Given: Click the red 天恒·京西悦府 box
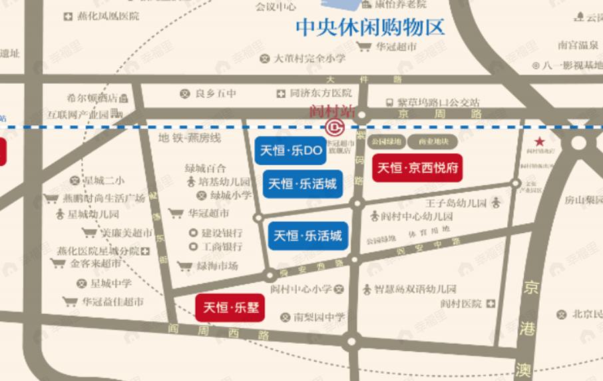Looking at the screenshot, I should pyautogui.click(x=417, y=167).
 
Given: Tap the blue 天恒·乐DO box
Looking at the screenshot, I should pyautogui.click(x=290, y=151).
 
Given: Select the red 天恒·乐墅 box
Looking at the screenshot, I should pyautogui.click(x=230, y=308).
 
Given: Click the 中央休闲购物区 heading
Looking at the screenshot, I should pyautogui.click(x=369, y=27).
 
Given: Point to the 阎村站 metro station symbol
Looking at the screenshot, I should pyautogui.click(x=333, y=126).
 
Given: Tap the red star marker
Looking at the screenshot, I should pyautogui.click(x=539, y=141).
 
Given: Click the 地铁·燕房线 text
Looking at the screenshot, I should pyautogui.click(x=190, y=138).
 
